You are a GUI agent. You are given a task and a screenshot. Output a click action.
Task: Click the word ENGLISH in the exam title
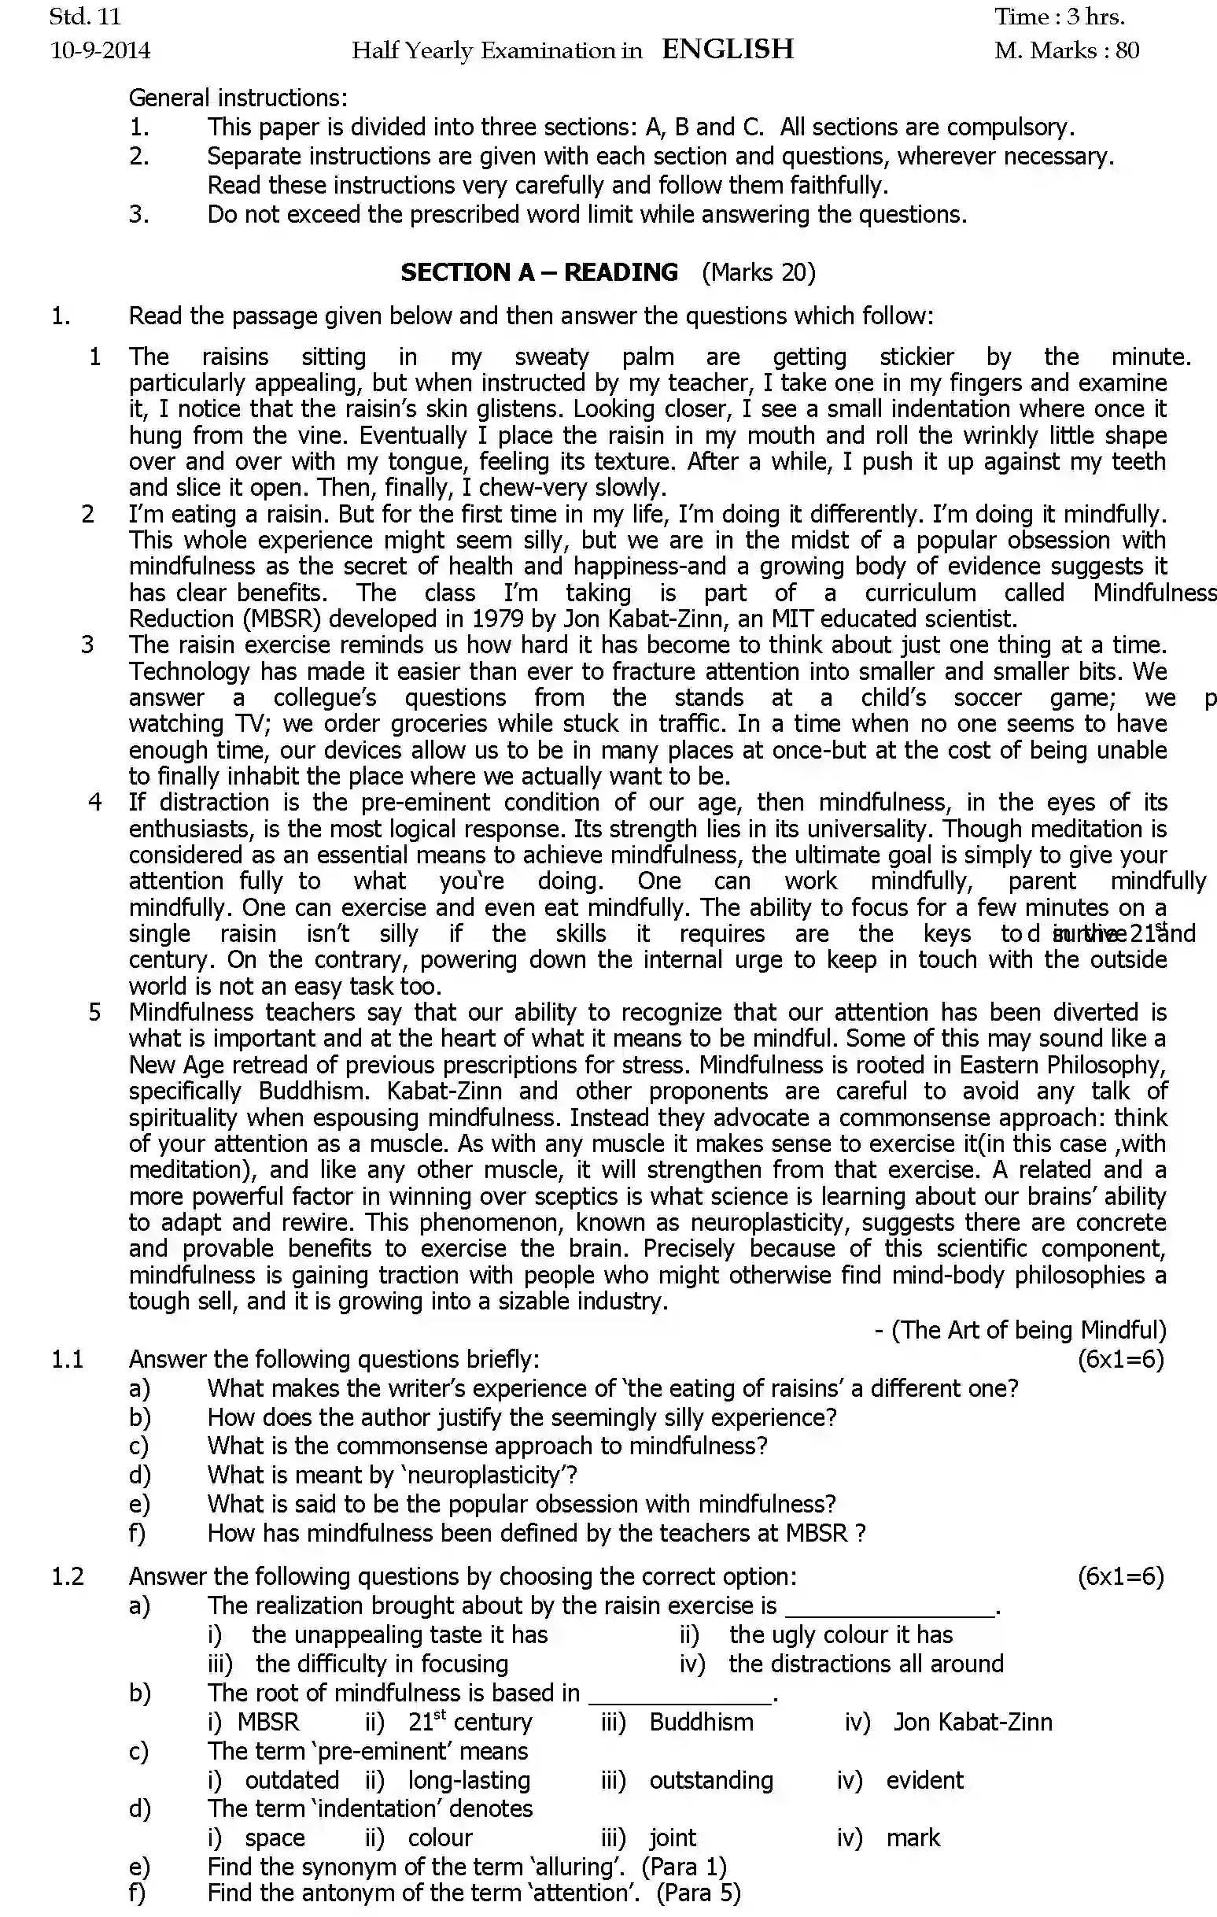tap(728, 50)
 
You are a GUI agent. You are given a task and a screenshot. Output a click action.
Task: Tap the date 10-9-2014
tap(100, 51)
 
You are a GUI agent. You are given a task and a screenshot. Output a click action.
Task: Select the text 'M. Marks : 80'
tap(1067, 51)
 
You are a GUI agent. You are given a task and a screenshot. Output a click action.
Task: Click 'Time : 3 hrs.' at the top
tap(1059, 17)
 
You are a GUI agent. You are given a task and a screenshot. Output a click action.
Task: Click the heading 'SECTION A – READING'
tap(539, 272)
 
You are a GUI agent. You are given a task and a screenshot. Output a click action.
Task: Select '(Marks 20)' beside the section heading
tap(758, 272)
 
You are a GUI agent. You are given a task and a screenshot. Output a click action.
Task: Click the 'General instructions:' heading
tap(238, 98)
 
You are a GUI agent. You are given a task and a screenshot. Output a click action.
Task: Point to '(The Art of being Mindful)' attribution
tap(1027, 1329)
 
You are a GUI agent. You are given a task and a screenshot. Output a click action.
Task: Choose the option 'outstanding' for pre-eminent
tap(711, 1780)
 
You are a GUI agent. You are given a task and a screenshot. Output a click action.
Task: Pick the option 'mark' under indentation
tap(912, 1838)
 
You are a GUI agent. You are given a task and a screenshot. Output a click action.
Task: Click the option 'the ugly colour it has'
tap(840, 1634)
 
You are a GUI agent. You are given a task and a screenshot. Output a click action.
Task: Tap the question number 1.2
tap(68, 1576)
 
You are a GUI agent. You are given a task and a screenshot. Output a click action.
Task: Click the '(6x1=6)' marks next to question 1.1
tap(1121, 1359)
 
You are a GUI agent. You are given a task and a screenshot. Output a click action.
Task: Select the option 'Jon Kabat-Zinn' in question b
tap(972, 1722)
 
